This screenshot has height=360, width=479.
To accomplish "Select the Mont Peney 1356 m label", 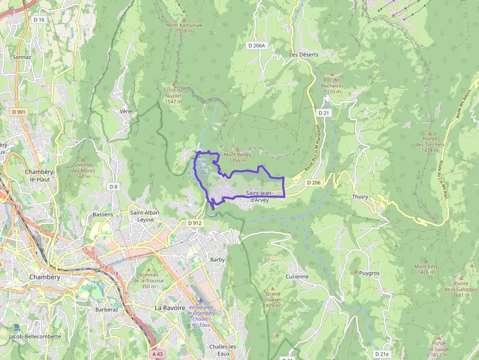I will tap(237, 157).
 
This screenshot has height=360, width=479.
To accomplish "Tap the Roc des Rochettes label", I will tap(333, 85).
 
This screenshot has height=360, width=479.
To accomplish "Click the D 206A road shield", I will tap(257, 45).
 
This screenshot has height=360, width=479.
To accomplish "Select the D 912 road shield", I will tap(195, 223).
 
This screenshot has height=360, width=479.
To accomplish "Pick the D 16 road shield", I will tap(39, 20).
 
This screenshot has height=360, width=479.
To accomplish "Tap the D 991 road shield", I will tap(19, 112).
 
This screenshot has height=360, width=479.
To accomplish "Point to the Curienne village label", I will tap(297, 276).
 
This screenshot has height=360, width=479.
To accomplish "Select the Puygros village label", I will tap(369, 274).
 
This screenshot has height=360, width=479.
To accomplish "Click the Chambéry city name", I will tap(44, 277).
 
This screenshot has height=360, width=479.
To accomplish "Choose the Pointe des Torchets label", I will tap(430, 147).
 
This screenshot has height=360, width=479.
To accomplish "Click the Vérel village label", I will tap(126, 111).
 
